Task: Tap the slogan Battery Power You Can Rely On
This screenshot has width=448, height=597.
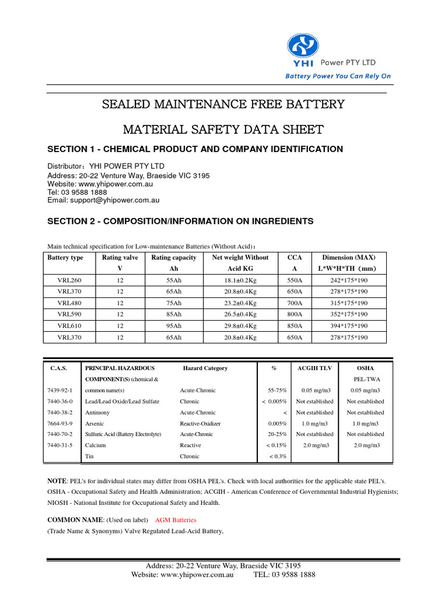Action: pyautogui.click(x=338, y=76)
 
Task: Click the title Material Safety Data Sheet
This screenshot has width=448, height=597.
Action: pyautogui.click(x=223, y=129)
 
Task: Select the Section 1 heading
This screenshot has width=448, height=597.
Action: pyautogui.click(x=195, y=149)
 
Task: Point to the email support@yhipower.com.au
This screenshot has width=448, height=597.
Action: pyautogui.click(x=103, y=200)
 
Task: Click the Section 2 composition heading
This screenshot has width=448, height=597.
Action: pyautogui.click(x=180, y=221)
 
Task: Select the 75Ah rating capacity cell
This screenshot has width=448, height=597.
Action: pyautogui.click(x=173, y=303)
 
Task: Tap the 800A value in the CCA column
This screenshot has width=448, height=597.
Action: pyautogui.click(x=295, y=314)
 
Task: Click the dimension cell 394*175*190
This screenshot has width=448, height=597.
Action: pyautogui.click(x=349, y=326)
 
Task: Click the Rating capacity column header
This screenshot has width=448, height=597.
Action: pyautogui.click(x=173, y=257)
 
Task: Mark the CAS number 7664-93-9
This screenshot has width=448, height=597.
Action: pyautogui.click(x=60, y=424)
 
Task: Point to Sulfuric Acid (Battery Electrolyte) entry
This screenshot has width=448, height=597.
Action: pyautogui.click(x=123, y=434)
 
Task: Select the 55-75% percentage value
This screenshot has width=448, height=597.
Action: pyautogui.click(x=277, y=391)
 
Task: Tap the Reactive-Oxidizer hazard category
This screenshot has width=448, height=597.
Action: pyautogui.click(x=200, y=424)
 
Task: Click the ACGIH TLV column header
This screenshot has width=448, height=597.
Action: pyautogui.click(x=314, y=368)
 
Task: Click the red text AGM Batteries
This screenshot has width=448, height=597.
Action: pyautogui.click(x=176, y=519)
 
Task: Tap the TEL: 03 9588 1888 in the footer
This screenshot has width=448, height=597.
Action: pyautogui.click(x=284, y=574)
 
